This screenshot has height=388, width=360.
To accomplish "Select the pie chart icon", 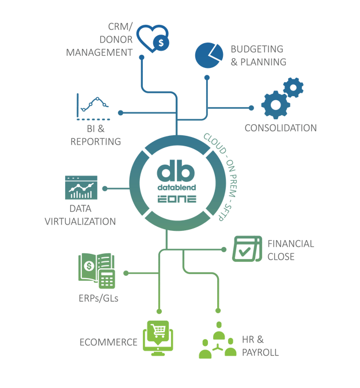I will tap(209, 54).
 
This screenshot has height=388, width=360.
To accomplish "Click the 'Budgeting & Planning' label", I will tap(257, 56).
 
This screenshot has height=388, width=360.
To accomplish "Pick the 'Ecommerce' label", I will tap(108, 343).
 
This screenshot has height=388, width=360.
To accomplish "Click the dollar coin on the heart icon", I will tap(162, 43).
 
